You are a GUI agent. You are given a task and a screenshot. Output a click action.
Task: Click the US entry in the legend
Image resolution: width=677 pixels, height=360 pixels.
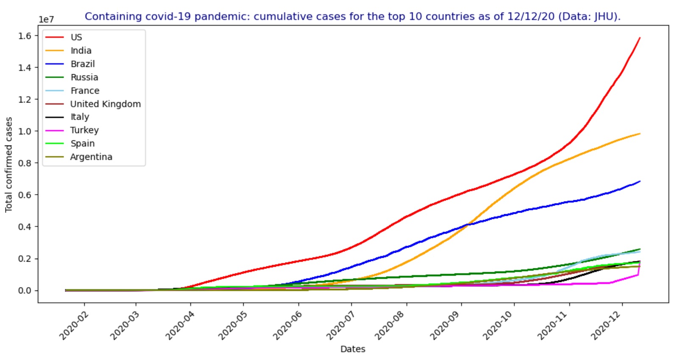click(76, 37)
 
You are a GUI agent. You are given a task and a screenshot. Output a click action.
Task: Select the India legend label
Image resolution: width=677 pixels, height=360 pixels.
click(81, 50)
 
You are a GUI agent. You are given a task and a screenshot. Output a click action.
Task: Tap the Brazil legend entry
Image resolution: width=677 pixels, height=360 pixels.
click(83, 64)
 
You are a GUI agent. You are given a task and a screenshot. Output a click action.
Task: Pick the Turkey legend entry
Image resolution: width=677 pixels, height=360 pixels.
click(84, 130)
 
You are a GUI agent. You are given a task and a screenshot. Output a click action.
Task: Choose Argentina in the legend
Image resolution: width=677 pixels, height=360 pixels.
click(91, 157)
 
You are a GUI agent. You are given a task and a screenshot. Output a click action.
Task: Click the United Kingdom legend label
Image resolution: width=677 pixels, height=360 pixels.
click(105, 104)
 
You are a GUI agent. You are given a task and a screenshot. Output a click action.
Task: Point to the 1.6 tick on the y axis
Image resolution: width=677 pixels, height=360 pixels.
click(25, 36)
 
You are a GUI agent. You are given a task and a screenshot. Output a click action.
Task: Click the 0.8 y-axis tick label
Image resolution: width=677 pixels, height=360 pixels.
click(25, 163)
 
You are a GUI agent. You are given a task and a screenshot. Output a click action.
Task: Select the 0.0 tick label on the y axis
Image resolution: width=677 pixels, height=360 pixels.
click(25, 290)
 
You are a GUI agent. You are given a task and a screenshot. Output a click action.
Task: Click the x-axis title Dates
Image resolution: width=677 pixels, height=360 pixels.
click(353, 349)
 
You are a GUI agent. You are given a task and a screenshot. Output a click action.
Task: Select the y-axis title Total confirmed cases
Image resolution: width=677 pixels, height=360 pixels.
click(9, 165)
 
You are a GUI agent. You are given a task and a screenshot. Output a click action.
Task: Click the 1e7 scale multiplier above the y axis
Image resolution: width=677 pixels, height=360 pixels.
click(46, 20)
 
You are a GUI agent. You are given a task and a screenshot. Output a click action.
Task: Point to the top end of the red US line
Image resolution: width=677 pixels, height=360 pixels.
click(639, 38)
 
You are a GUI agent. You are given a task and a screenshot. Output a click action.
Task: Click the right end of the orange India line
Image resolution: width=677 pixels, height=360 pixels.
click(639, 134)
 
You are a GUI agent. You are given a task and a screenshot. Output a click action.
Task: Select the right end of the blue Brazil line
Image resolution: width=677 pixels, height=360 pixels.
click(639, 181)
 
